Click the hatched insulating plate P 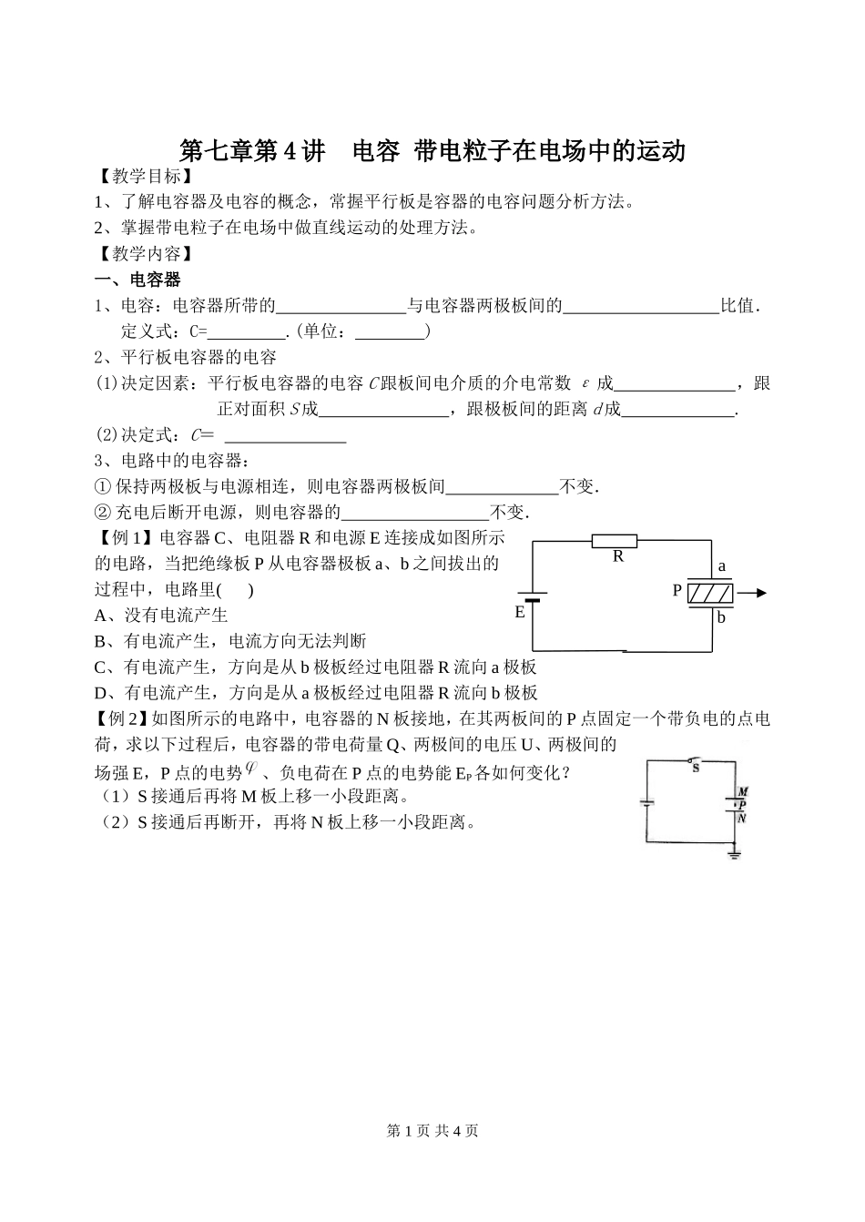(709, 593)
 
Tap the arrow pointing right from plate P (752, 593)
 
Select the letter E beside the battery (520, 612)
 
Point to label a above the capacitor (722, 566)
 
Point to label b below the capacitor (721, 617)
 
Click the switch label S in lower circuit (696, 768)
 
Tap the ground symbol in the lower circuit (734, 855)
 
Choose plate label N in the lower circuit (742, 818)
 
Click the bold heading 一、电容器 (137, 280)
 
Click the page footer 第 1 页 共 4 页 (432, 1130)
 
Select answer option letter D (102, 693)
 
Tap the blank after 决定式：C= (286, 434)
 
